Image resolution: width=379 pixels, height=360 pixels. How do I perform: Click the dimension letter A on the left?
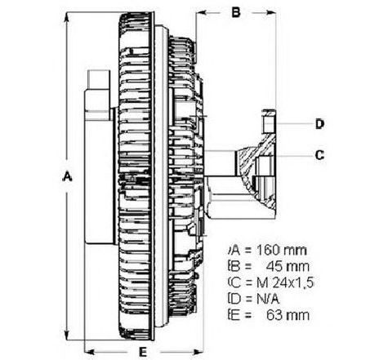[x=67, y=176]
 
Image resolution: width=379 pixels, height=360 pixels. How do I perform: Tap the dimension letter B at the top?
[x=236, y=12]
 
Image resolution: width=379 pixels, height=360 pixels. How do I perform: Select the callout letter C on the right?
[x=319, y=155]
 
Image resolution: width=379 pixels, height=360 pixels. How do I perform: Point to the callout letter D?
[x=319, y=124]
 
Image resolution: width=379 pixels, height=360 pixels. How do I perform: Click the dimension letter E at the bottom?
[x=143, y=352]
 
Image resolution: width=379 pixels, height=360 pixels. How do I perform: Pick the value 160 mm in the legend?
[x=282, y=250]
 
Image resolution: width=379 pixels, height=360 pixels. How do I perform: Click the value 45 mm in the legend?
[x=288, y=266]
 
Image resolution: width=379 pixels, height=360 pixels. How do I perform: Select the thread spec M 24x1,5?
[x=285, y=283]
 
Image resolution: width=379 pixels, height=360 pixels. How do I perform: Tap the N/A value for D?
[x=268, y=300]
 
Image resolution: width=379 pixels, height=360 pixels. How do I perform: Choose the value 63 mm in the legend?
[x=288, y=316]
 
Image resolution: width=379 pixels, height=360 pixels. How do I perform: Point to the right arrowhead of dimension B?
[x=270, y=12]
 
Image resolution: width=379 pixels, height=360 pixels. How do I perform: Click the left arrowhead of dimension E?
[x=90, y=352]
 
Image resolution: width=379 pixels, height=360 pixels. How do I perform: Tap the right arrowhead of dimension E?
[x=198, y=352]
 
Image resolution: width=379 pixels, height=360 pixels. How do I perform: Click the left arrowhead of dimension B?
[x=202, y=12]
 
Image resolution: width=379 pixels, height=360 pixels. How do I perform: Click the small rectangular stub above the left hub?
[x=99, y=79]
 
